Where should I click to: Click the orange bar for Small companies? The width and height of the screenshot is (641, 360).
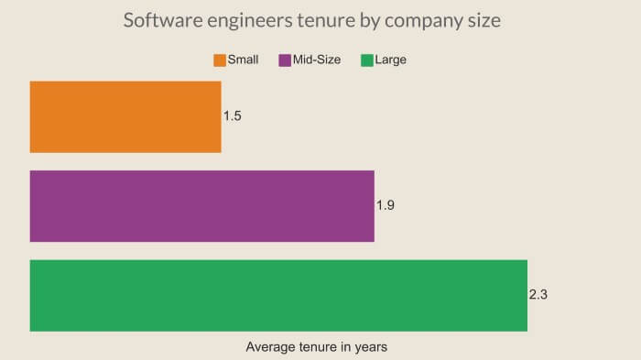click(x=125, y=116)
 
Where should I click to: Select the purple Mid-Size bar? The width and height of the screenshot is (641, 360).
click(x=201, y=206)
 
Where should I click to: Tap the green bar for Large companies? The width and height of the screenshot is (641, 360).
click(x=278, y=295)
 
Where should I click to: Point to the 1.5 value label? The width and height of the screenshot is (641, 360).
click(x=233, y=116)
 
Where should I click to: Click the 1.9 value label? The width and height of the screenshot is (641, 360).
click(x=386, y=206)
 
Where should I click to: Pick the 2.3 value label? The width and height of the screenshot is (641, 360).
click(x=538, y=295)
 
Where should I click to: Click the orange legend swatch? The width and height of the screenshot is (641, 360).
click(x=220, y=60)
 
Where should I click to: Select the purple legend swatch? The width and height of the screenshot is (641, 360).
click(x=285, y=60)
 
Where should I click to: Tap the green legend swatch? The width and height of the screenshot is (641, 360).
click(x=367, y=60)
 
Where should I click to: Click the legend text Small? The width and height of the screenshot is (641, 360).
click(x=243, y=60)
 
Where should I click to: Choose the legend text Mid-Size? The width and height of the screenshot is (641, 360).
click(x=317, y=60)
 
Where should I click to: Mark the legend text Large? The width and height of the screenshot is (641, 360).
click(x=390, y=60)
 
